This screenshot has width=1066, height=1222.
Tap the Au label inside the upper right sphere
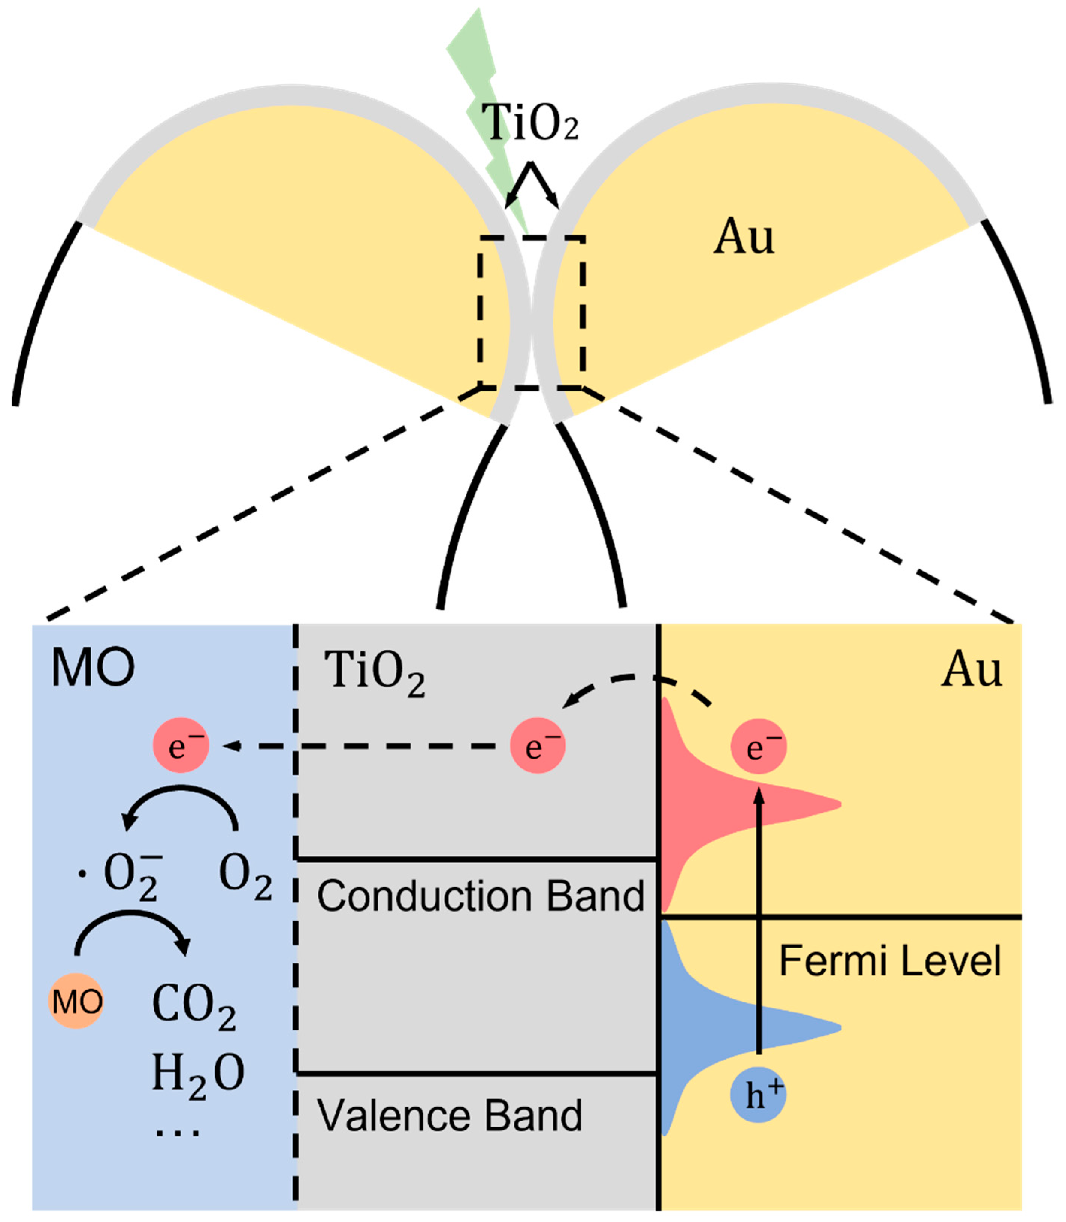point(744,237)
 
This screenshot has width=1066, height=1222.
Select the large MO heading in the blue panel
point(94,668)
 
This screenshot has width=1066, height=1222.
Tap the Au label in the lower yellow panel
point(971,670)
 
